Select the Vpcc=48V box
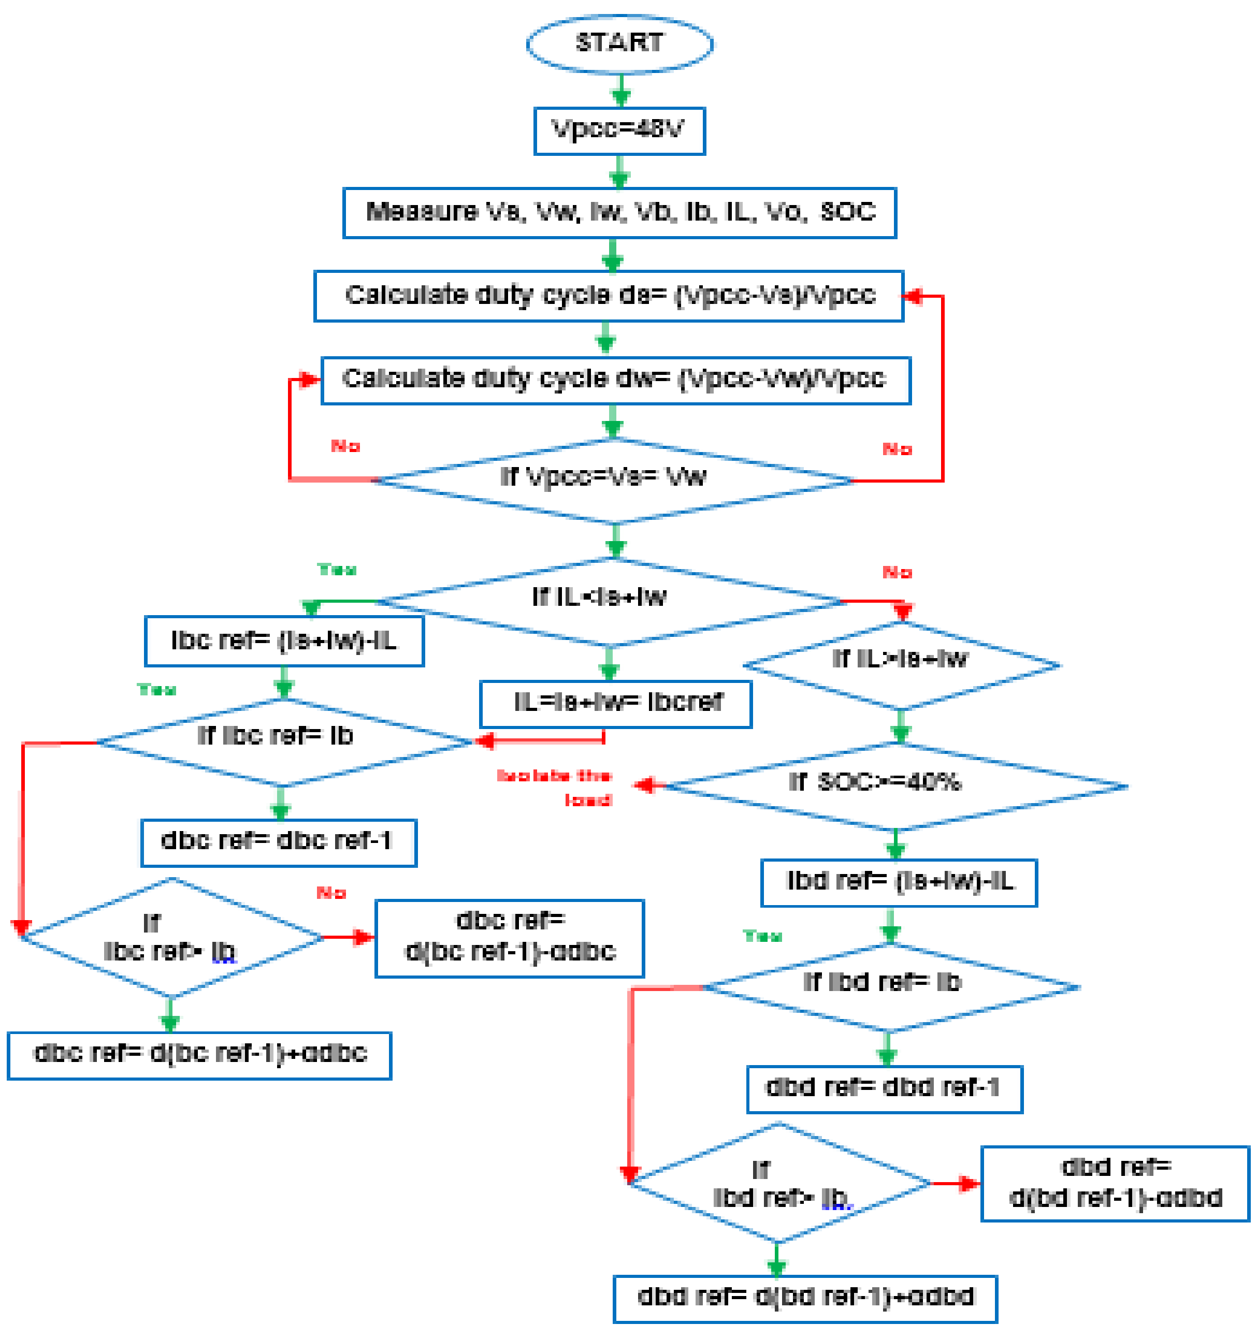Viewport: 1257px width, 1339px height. [x=619, y=130]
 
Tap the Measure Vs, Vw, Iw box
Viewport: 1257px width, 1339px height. [x=619, y=213]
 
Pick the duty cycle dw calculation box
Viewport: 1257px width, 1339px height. [x=616, y=381]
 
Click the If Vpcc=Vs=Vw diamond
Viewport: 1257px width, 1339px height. [x=613, y=480]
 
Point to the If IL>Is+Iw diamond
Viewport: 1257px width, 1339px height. [x=901, y=665]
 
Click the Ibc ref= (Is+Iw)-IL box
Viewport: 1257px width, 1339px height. [x=284, y=641]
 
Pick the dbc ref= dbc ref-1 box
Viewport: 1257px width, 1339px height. [x=278, y=842]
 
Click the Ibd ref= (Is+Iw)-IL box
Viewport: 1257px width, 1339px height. [x=899, y=882]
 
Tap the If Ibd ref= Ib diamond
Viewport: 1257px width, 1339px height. [x=889, y=987]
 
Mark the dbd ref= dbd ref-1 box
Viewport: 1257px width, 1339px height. [x=884, y=1089]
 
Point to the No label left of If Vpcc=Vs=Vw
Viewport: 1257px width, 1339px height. [x=345, y=446]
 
